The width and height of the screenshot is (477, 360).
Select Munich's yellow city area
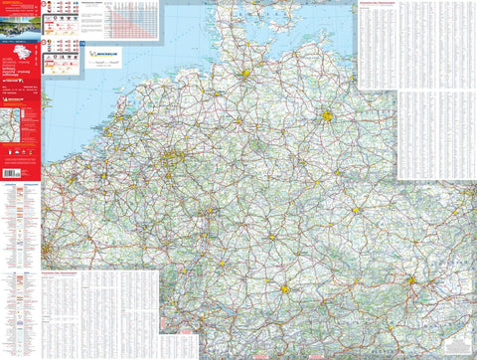tap(286, 290)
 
